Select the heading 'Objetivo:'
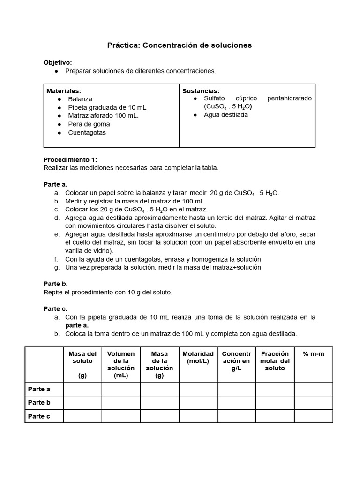(x=58, y=62)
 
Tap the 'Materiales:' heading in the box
(x=64, y=91)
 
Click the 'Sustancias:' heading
(x=201, y=91)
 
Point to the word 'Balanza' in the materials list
(x=80, y=99)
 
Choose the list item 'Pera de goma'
(x=89, y=124)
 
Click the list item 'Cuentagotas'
(x=87, y=133)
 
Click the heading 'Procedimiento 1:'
(x=70, y=159)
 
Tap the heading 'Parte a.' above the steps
(x=56, y=184)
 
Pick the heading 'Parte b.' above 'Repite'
(x=56, y=284)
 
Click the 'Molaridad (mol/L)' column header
(x=198, y=358)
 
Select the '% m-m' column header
(x=314, y=354)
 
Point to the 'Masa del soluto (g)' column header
(x=82, y=364)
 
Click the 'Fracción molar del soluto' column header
(x=275, y=361)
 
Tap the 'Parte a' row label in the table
(x=39, y=389)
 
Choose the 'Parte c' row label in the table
(x=39, y=416)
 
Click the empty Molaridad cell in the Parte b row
(x=198, y=403)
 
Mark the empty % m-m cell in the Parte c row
(x=314, y=416)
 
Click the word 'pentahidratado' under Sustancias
(x=289, y=98)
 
